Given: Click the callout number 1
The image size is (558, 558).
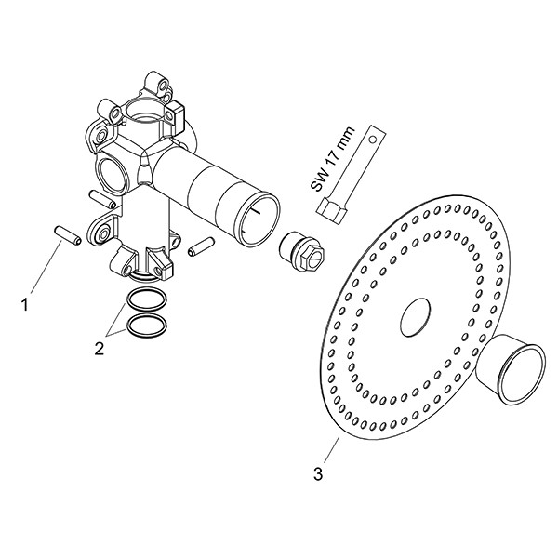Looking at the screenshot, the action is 24,305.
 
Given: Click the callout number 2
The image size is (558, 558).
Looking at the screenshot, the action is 100,349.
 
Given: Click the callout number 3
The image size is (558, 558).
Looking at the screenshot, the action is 318,473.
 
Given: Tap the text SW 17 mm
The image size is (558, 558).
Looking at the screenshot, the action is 332,159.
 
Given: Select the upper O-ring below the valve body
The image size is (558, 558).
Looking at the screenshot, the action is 147,299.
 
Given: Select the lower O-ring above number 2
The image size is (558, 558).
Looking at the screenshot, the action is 147,325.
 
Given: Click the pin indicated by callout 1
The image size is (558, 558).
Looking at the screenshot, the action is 68,236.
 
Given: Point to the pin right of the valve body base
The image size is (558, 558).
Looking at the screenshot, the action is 201,246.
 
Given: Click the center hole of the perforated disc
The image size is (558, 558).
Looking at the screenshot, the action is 415,317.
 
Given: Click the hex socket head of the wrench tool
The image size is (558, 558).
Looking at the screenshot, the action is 331,212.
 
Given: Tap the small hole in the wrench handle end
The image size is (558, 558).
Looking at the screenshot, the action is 372,139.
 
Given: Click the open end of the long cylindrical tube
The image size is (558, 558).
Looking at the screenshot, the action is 258,219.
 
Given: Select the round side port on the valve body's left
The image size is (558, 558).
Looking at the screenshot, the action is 111,175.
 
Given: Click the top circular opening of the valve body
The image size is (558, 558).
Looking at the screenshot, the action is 145,111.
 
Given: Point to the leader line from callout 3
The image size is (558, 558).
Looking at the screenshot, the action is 331,450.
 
